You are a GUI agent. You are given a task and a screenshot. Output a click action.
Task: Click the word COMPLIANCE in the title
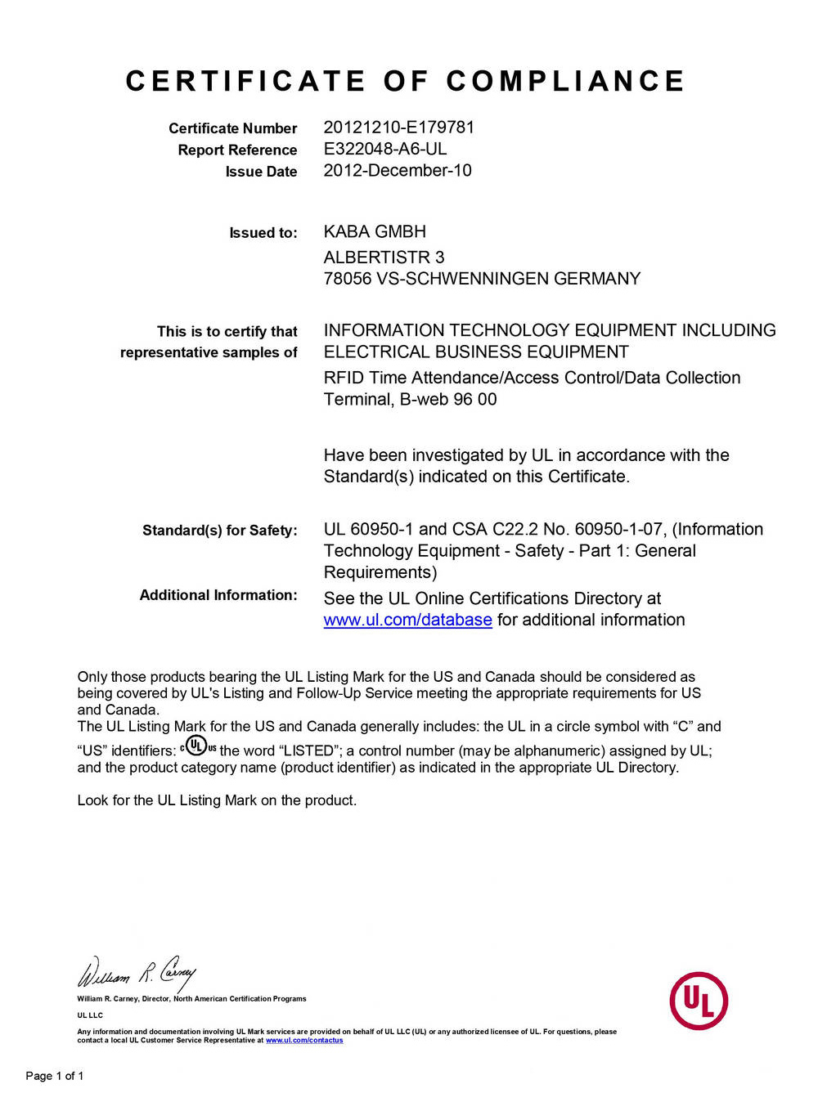(x=565, y=81)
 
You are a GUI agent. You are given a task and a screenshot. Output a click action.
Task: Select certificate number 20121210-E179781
(x=398, y=128)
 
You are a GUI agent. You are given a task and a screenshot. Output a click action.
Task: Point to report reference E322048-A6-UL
(x=384, y=149)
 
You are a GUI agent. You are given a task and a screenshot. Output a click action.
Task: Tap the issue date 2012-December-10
(x=397, y=171)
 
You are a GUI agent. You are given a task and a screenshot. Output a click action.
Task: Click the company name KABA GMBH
(x=375, y=232)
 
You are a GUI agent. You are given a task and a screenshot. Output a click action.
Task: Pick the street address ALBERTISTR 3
(x=384, y=258)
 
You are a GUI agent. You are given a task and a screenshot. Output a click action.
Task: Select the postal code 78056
(x=347, y=279)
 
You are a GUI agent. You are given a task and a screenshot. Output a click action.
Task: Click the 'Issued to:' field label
(x=263, y=233)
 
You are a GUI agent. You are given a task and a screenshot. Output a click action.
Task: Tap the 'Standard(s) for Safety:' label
(x=219, y=531)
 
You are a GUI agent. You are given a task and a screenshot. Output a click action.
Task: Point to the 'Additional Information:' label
(x=218, y=595)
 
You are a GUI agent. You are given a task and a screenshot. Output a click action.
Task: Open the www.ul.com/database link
(x=407, y=620)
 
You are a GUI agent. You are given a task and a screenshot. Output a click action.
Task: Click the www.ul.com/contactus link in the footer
(x=304, y=1041)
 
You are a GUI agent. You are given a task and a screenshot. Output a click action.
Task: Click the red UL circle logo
(x=699, y=1001)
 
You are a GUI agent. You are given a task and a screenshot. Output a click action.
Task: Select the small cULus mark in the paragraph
(x=198, y=746)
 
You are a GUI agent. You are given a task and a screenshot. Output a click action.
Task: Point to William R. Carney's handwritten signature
(x=137, y=973)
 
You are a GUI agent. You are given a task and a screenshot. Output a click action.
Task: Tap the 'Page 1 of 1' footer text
(x=55, y=1076)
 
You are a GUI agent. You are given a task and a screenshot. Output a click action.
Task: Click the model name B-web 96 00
(x=448, y=400)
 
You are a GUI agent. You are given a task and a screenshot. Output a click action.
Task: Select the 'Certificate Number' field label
(x=232, y=128)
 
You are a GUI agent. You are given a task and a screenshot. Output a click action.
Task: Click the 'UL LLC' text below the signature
(x=90, y=1015)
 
